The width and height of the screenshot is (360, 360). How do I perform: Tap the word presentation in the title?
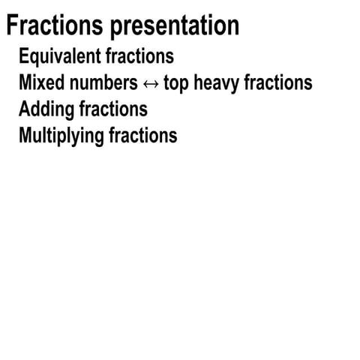click(x=175, y=27)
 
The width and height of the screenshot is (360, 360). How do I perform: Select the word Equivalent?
click(x=56, y=57)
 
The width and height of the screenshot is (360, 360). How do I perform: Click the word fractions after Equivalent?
click(x=136, y=56)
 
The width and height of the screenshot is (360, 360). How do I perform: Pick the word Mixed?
click(x=40, y=82)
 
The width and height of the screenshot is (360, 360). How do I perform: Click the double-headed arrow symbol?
click(x=151, y=83)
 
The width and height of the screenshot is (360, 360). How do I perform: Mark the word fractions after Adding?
click(x=113, y=109)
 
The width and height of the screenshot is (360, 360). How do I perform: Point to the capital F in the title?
click(x=13, y=26)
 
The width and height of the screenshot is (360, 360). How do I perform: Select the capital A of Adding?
click(x=25, y=109)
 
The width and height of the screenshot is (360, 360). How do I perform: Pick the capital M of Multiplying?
click(x=27, y=136)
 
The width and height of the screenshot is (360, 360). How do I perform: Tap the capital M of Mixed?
click(x=27, y=82)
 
